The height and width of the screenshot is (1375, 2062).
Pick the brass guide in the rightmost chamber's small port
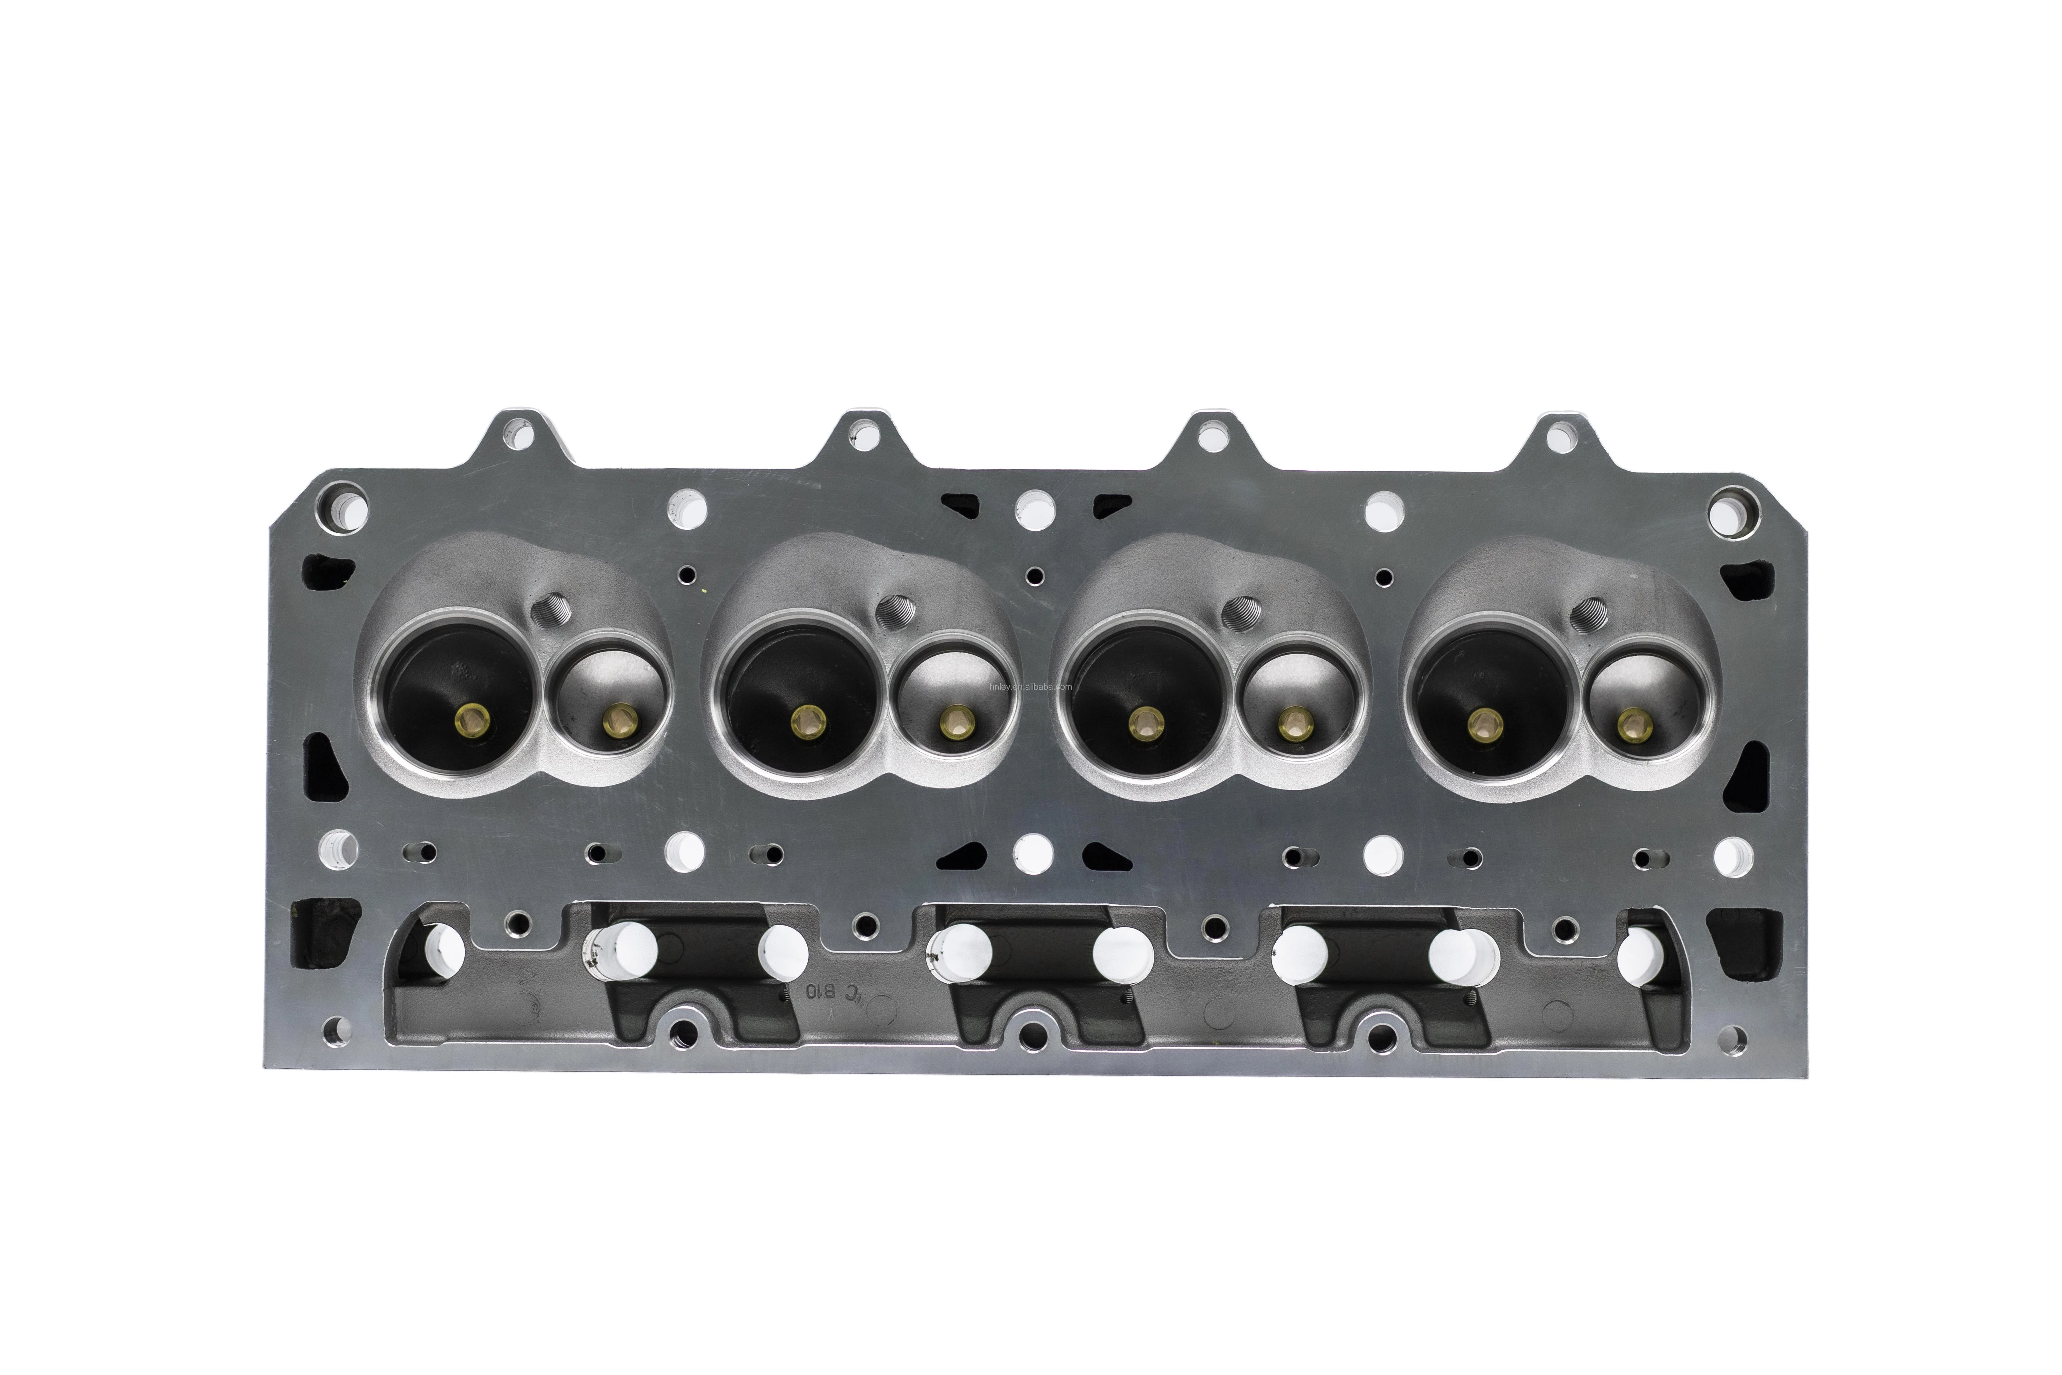(x=1631, y=723)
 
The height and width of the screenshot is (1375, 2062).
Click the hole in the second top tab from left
(x=866, y=433)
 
